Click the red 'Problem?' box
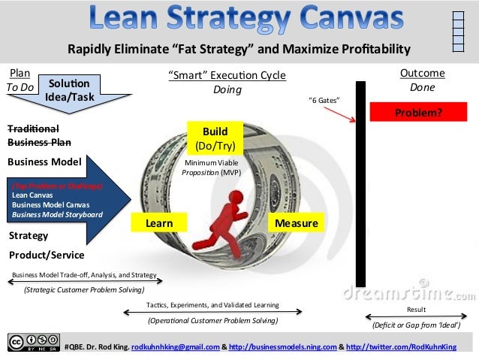[418, 113]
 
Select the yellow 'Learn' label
[158, 223]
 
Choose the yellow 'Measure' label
[296, 223]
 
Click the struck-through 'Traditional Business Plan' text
[39, 135]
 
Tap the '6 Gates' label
[324, 100]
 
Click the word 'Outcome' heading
[422, 73]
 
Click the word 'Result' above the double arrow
[416, 309]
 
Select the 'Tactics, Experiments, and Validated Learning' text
[212, 305]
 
